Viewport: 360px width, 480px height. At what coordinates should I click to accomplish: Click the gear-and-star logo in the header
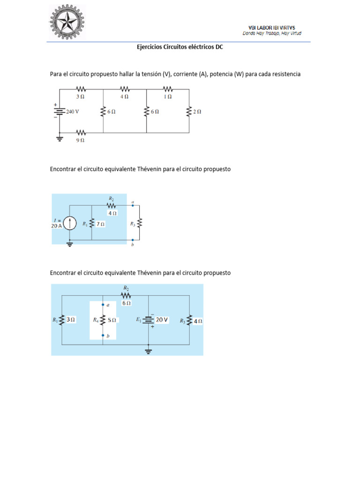[x=69, y=22]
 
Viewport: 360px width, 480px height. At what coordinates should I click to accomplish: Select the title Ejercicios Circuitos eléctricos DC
[x=180, y=47]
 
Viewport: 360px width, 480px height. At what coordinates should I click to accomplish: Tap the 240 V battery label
[x=72, y=112]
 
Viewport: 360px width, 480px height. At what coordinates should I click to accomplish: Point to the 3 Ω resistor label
[x=81, y=96]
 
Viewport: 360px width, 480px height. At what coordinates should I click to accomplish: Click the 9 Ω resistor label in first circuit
[x=81, y=140]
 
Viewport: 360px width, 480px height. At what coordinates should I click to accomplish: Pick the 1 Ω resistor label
[x=168, y=96]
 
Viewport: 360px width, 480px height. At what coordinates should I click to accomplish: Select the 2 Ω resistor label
[x=197, y=112]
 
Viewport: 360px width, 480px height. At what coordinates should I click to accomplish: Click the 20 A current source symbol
[x=70, y=224]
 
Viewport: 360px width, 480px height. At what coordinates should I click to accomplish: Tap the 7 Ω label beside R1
[x=100, y=224]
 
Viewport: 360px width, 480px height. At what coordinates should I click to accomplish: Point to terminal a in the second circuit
[x=133, y=205]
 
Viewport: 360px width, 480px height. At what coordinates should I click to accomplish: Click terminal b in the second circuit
[x=133, y=240]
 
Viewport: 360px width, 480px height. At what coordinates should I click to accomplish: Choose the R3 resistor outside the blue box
[x=139, y=224]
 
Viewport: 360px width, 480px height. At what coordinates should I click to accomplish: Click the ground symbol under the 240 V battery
[x=60, y=138]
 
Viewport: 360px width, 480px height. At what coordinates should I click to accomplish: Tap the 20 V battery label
[x=162, y=320]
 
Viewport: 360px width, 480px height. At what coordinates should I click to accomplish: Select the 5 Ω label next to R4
[x=112, y=321]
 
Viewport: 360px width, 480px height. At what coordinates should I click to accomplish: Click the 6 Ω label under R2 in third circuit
[x=127, y=303]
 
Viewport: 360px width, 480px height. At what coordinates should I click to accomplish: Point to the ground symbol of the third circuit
[x=149, y=350]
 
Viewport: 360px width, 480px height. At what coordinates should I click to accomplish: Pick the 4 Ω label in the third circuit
[x=197, y=321]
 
